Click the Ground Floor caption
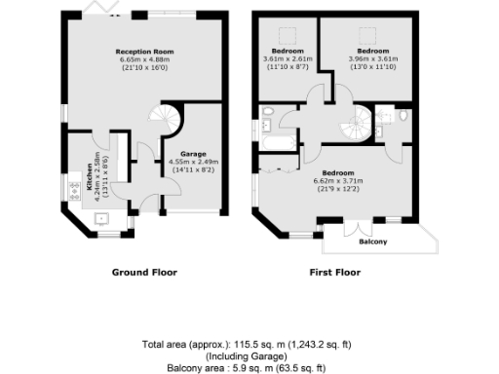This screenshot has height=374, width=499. pos(144,273)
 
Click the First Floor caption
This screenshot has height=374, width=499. pos(333,273)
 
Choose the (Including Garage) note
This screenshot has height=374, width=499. pos(249,357)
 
